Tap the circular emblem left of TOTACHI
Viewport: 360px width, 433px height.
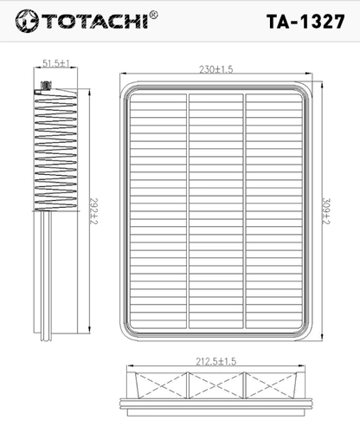tap(27, 21)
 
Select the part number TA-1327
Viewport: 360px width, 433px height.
tap(305, 22)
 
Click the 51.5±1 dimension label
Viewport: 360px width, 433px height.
tap(56, 63)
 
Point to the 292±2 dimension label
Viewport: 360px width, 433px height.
tap(93, 211)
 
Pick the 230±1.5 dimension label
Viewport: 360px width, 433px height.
tap(215, 69)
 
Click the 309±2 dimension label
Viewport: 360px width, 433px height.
tap(325, 211)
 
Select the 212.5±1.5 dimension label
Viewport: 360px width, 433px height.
tap(216, 361)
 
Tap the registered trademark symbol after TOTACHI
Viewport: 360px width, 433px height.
tap(154, 15)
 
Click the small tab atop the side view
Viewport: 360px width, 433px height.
tap(46, 86)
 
